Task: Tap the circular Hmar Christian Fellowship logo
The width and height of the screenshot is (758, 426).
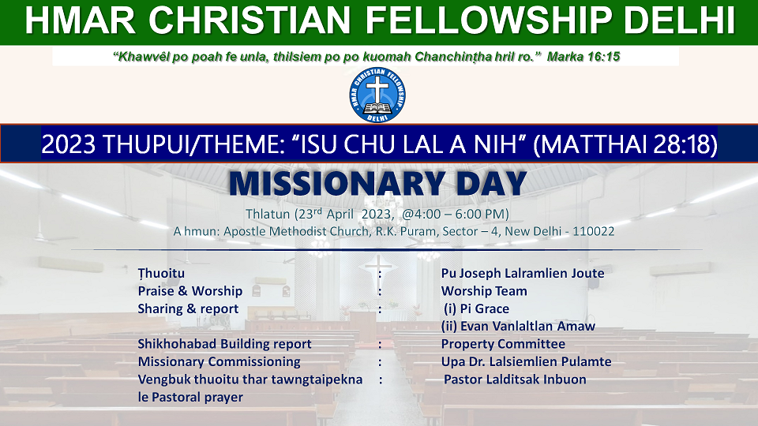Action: click(x=377, y=95)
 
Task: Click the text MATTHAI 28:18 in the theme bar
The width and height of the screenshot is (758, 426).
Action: click(x=625, y=144)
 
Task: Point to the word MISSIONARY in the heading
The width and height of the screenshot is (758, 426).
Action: click(x=336, y=184)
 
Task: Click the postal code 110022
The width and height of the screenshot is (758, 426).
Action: click(x=594, y=231)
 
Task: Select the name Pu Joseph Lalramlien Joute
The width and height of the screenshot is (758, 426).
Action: click(x=523, y=274)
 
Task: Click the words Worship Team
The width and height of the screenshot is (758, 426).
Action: click(x=484, y=291)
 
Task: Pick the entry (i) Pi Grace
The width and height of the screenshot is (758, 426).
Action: click(x=476, y=308)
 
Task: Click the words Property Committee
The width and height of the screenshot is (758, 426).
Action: click(x=503, y=344)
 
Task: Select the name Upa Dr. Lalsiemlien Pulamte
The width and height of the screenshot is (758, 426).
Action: click(x=526, y=361)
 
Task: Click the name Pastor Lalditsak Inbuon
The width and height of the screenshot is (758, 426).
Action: click(x=515, y=379)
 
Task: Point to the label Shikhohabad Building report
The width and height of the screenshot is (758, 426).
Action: click(x=224, y=344)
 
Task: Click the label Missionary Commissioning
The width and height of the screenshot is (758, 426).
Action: click(x=219, y=361)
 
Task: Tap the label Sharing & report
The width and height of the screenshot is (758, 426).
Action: click(x=188, y=308)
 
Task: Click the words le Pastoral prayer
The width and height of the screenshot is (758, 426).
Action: click(x=190, y=397)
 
